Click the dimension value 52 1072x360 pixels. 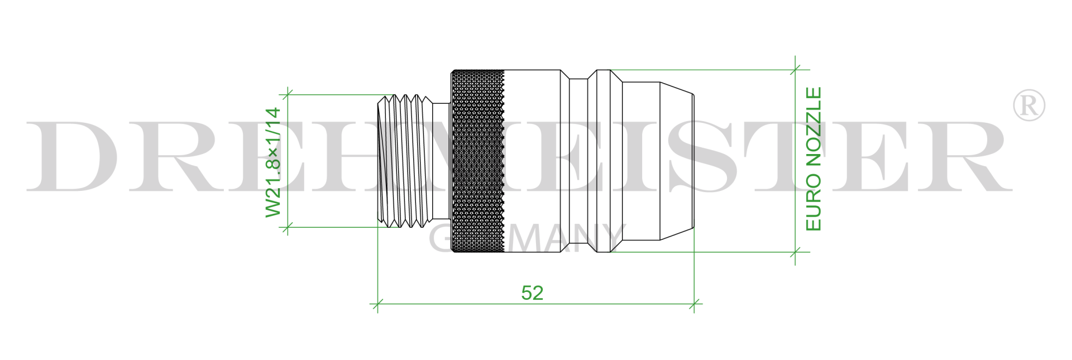point(532,293)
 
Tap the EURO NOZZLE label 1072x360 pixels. point(813,159)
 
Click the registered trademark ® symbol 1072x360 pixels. point(1028,105)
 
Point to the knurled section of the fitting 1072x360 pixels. point(478,161)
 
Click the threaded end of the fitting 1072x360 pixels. point(405,161)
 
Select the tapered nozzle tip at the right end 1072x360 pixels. point(676,161)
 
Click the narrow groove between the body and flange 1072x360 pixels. point(578,161)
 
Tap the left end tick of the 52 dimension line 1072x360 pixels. point(377,304)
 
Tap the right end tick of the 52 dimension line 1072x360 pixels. point(694,304)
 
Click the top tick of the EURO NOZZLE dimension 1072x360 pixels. point(795,70)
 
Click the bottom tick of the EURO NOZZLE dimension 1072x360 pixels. point(795,252)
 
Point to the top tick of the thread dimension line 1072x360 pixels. point(287,94)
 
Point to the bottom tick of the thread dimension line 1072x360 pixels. point(287,227)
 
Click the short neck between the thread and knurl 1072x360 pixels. point(442,161)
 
